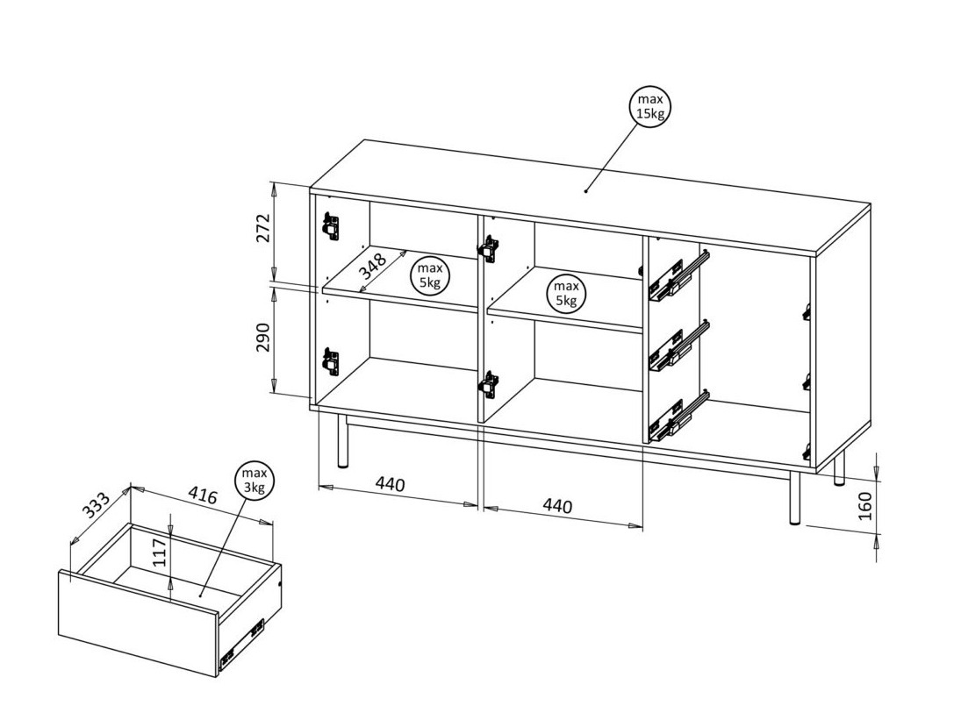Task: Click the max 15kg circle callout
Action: coord(650,108)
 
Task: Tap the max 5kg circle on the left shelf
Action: coord(429,274)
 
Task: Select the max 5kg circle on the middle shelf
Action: coord(566,294)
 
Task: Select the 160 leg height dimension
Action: coord(865,508)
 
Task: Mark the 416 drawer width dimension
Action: coord(203,496)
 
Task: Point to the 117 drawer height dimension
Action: coord(160,555)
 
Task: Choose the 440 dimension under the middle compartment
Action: coord(557,506)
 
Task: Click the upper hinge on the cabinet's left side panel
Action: coord(330,226)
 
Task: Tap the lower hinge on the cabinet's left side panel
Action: coord(330,361)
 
